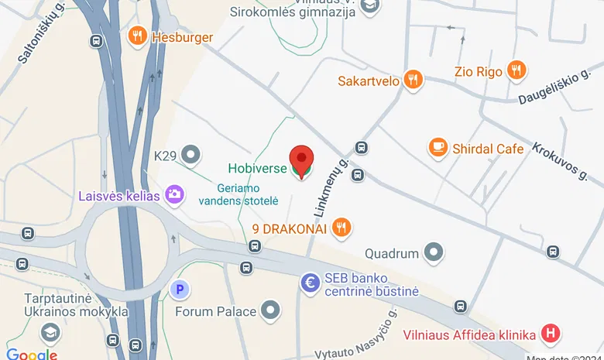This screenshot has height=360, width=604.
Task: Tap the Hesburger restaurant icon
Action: [138, 36]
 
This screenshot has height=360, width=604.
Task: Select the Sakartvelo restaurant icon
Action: [414, 80]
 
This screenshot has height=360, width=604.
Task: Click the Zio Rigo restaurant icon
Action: [516, 72]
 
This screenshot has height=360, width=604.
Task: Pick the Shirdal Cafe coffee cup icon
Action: [438, 147]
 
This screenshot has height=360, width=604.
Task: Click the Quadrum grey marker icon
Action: [434, 252]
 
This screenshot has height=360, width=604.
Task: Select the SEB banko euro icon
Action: [311, 283]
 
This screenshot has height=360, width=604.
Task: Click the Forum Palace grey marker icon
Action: [270, 311]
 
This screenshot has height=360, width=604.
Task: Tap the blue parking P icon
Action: [180, 290]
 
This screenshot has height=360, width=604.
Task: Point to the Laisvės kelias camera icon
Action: [175, 194]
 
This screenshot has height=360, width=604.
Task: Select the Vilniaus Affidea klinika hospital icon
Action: [551, 334]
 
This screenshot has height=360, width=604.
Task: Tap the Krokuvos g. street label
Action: [560, 160]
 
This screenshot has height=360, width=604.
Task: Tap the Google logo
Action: [31, 355]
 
